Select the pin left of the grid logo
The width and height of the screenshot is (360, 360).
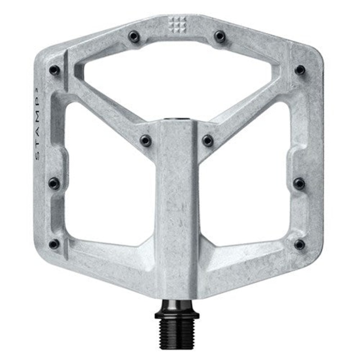pos(134,36)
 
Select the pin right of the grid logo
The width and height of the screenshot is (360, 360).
pos(220,36)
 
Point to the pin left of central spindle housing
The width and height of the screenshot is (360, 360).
pos(146,140)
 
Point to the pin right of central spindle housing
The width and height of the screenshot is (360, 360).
pos(207,140)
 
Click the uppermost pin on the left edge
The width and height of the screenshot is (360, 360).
pos(54,70)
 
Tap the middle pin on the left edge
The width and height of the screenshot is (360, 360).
pos(54,183)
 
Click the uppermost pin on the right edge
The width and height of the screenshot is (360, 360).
pos(300,70)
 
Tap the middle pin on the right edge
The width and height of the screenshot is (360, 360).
pos(299,183)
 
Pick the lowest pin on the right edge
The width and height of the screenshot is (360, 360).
pos(299,244)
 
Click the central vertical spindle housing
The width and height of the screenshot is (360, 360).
pos(176,202)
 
